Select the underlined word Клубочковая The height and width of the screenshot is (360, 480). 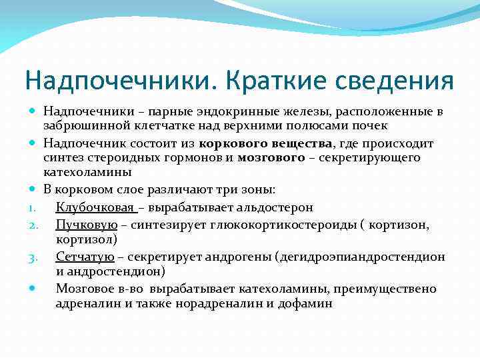pyautogui.click(x=95, y=208)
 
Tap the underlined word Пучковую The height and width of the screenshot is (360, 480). pyautogui.click(x=87, y=225)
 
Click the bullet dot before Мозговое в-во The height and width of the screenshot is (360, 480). pyautogui.click(x=33, y=289)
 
